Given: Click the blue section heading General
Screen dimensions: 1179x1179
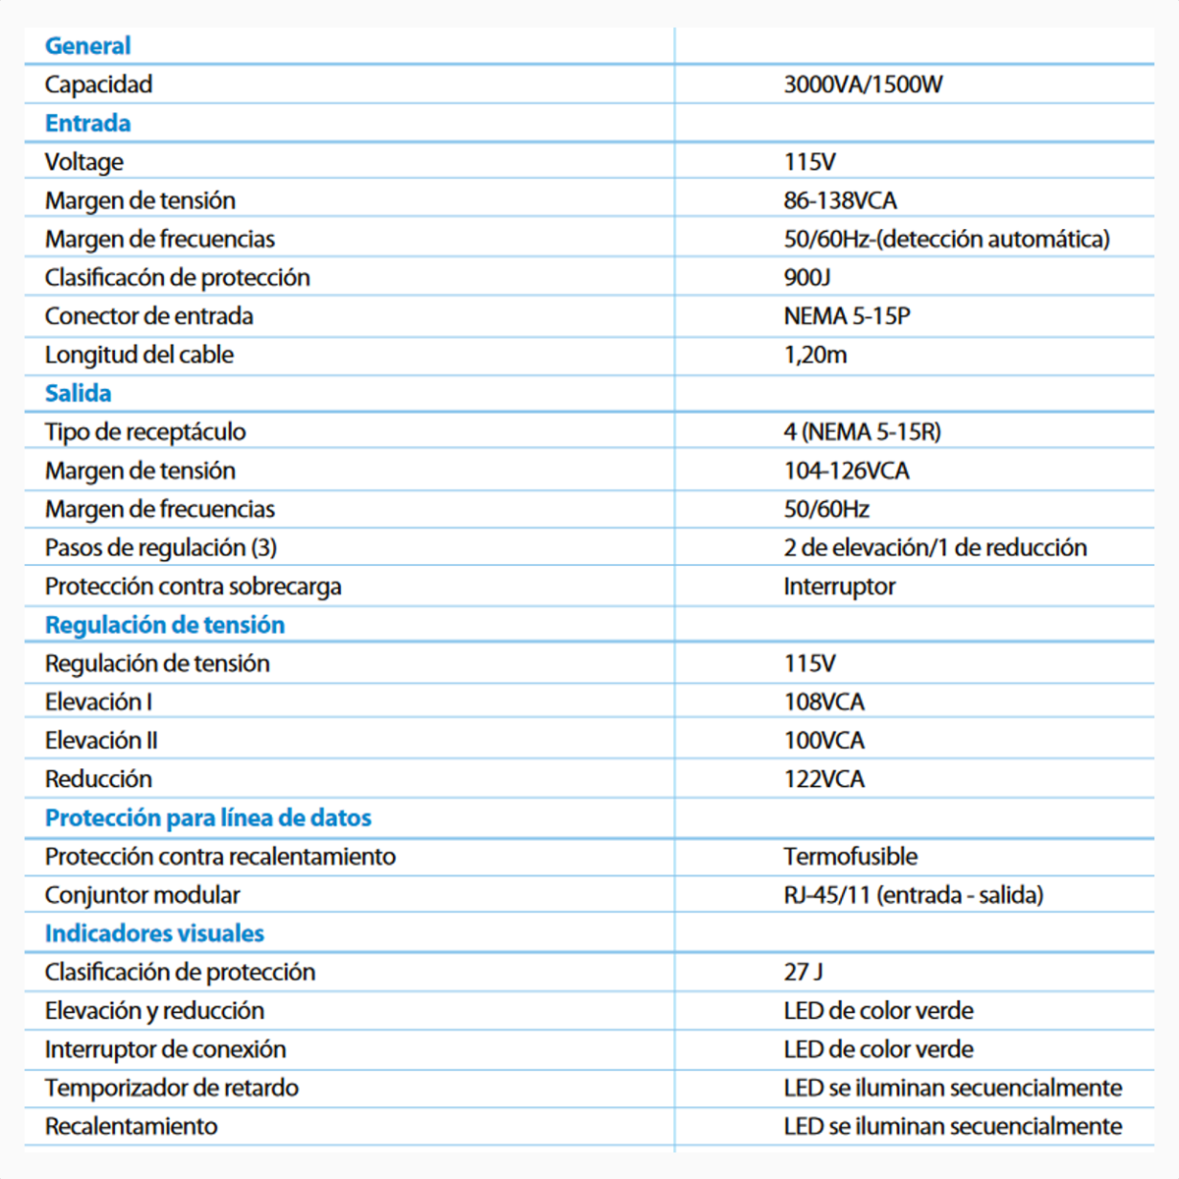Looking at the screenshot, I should pos(87,46).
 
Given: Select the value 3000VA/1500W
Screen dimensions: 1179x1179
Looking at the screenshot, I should pos(863,84).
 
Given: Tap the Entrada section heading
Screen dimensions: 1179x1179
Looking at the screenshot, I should pos(87,124).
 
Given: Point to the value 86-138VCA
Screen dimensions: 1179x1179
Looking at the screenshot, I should pos(840,200).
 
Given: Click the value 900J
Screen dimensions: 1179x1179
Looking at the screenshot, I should pos(807,278).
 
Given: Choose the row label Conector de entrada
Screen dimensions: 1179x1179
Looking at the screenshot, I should pos(148,316).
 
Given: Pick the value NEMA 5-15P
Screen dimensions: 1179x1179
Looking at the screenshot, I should pos(847,316).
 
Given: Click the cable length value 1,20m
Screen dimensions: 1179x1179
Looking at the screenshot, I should pos(814,355).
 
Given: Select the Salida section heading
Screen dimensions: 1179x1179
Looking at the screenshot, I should pos(78,394).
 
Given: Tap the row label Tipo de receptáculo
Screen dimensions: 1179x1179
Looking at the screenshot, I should pos(145,432).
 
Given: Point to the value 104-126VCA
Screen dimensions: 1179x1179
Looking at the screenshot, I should pos(846,471).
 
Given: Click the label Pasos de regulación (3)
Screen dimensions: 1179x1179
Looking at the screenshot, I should pos(161,548).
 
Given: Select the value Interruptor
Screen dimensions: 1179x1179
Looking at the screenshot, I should pos(839,587).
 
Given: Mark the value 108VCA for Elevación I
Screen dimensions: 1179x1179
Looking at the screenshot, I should pos(823,702).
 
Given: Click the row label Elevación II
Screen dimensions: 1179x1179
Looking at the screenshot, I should pos(101,741).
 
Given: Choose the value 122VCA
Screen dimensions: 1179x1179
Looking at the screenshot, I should pos(823,779).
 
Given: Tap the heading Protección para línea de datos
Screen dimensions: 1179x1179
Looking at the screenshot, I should pos(208,818).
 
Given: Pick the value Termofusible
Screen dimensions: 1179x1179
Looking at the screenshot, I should pos(850,857).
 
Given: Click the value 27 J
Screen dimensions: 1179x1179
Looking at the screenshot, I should pos(803,973).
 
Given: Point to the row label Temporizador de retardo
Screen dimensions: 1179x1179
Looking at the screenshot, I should pos(171,1089).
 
